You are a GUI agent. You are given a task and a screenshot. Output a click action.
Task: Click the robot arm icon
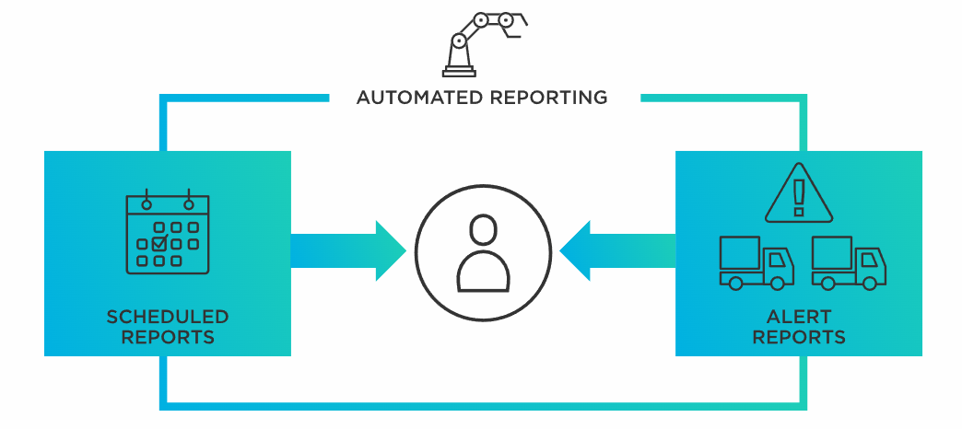click(x=483, y=41)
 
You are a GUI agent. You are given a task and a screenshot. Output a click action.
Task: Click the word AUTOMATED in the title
click(x=414, y=97)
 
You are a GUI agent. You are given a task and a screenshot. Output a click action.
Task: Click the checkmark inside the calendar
click(x=159, y=244)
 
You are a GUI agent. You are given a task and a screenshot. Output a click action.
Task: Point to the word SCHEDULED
click(x=168, y=318)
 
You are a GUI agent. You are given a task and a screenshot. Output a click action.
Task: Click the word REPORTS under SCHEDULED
click(x=168, y=337)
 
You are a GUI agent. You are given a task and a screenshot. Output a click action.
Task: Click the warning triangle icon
click(x=798, y=195)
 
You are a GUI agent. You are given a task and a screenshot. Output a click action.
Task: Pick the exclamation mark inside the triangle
click(x=798, y=196)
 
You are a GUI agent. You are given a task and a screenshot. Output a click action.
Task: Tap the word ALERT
click(x=799, y=318)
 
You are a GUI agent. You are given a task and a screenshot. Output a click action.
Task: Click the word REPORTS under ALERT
click(x=799, y=337)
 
